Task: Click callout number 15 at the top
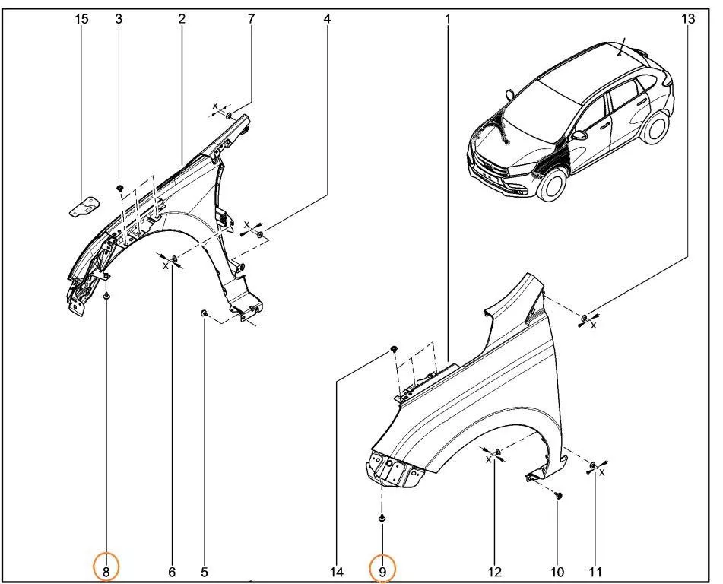(x=81, y=19)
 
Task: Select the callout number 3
(x=119, y=19)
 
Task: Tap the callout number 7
(x=251, y=19)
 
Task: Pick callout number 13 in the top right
(x=687, y=19)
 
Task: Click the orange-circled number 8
(x=106, y=573)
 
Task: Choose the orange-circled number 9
(x=382, y=573)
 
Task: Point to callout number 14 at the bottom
(x=337, y=573)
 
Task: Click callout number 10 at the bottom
(x=557, y=573)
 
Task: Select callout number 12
(x=494, y=573)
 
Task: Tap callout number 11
(x=595, y=573)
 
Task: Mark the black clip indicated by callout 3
(x=120, y=188)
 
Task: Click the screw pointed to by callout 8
(x=107, y=296)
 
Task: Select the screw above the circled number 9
(x=382, y=519)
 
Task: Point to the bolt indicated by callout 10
(x=559, y=496)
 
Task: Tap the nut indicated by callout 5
(x=203, y=314)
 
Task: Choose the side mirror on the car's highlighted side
(x=579, y=135)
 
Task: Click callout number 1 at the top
(x=447, y=19)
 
